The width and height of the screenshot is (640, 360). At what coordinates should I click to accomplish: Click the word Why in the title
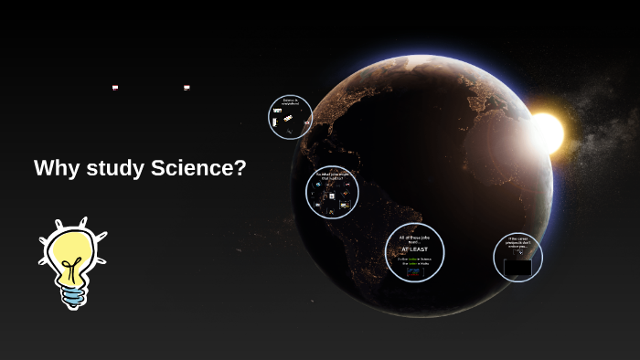point(54,168)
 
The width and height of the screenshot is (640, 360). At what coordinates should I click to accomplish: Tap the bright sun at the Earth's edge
point(547,132)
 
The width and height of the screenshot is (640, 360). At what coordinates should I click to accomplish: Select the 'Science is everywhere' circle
point(290,118)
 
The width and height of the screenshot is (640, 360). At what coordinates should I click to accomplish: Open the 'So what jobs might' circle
point(332,193)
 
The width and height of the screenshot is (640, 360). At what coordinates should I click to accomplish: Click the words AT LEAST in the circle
point(414,249)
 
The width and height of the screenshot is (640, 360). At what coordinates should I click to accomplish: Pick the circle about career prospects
point(517,258)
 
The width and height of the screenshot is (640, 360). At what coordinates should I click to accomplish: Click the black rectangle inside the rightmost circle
point(517,268)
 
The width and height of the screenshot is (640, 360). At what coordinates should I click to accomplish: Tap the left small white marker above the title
point(115,88)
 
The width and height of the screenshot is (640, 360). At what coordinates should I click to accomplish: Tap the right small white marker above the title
point(187,88)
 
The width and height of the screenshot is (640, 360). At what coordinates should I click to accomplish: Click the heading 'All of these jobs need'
point(414,238)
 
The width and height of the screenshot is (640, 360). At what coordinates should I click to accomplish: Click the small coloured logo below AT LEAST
point(414,271)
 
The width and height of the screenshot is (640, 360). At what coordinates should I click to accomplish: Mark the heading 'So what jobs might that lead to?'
point(331,175)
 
